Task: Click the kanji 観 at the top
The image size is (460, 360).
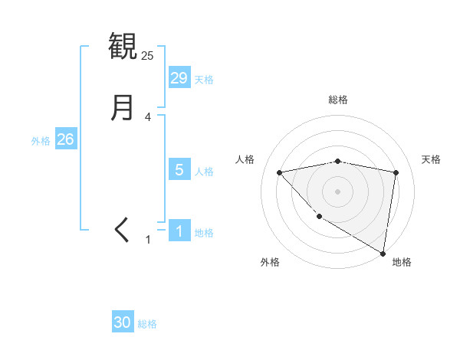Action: pyautogui.click(x=123, y=46)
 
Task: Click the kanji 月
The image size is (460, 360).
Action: pyautogui.click(x=123, y=107)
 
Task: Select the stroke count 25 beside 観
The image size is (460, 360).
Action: pyautogui.click(x=147, y=55)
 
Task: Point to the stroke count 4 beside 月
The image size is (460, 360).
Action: pyautogui.click(x=147, y=117)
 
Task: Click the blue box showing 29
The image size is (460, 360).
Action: pyautogui.click(x=179, y=78)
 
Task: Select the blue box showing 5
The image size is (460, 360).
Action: pyautogui.click(x=179, y=170)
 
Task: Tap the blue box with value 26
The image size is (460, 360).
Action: pyautogui.click(x=66, y=139)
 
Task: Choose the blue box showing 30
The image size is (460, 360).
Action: pyautogui.click(x=123, y=322)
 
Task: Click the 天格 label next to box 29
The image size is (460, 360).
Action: pyautogui.click(x=204, y=79)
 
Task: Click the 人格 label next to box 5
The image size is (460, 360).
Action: pyautogui.click(x=204, y=171)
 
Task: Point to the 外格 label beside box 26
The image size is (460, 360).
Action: pyautogui.click(x=41, y=140)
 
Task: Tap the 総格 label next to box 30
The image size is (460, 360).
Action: pyautogui.click(x=147, y=323)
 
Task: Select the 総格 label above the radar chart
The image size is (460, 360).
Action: pyautogui.click(x=338, y=100)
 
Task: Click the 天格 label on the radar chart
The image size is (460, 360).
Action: pyautogui.click(x=431, y=159)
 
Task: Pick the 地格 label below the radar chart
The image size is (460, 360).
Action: pyautogui.click(x=402, y=262)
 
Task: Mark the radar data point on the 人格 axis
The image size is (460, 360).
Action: pyautogui.click(x=279, y=172)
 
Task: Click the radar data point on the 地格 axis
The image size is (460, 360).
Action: pyautogui.click(x=383, y=253)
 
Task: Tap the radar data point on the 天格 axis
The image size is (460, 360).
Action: pyautogui.click(x=396, y=172)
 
